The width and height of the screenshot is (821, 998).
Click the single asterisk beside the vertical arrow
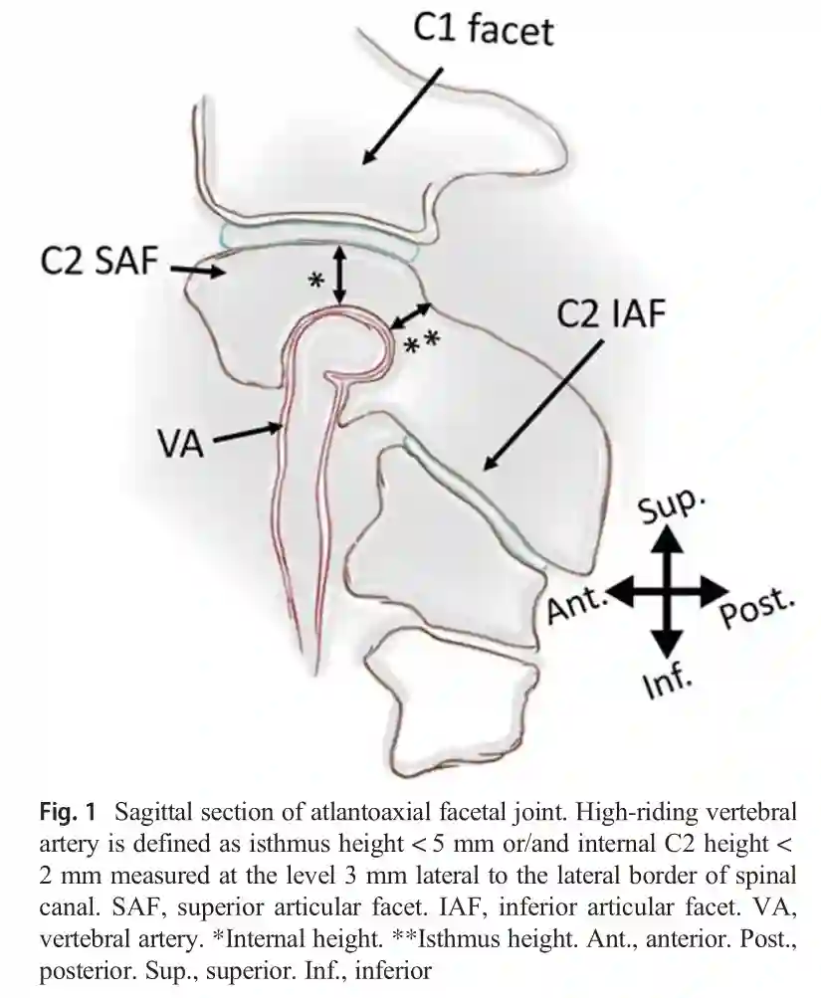coord(315,281)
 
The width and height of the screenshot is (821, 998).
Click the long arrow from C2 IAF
coord(542,403)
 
